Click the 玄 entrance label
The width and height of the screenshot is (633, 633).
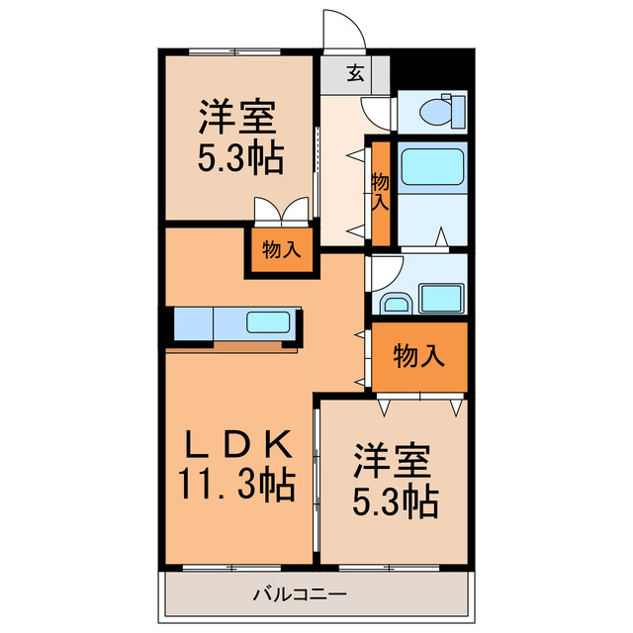pos(354,71)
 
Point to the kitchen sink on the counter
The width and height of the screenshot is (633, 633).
pos(267,323)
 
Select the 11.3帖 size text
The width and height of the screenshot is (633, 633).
pos(237,484)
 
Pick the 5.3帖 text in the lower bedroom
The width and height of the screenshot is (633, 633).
pos(395,502)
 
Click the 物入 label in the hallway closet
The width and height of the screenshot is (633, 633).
pos(381,191)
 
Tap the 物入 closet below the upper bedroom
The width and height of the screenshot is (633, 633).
pos(281,250)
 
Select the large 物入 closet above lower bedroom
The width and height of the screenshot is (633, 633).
pos(417,355)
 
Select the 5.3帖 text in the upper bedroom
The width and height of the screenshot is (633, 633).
pos(238,157)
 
